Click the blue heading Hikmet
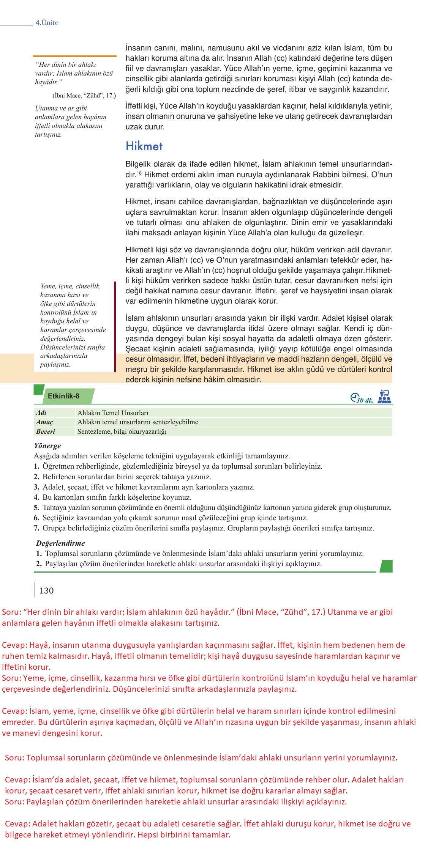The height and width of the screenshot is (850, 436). tap(144, 146)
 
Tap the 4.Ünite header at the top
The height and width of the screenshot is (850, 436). tap(47, 23)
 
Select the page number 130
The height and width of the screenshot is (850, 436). tap(46, 590)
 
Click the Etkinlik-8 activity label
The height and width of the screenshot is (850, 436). tap(63, 396)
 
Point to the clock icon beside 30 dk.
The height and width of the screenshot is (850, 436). tap(354, 397)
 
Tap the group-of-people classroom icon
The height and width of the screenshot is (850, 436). tap(385, 397)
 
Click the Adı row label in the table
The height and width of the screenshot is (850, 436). tap(41, 412)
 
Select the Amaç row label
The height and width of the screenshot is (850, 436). tap(44, 422)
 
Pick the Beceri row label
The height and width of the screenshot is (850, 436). tap(46, 431)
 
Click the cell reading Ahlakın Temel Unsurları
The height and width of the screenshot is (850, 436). tap(113, 413)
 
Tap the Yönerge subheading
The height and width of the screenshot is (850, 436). tap(47, 445)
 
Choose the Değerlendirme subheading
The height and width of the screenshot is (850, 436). tap(60, 543)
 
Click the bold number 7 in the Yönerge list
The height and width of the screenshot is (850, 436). tap(36, 528)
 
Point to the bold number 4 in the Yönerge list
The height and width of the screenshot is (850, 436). tap(36, 497)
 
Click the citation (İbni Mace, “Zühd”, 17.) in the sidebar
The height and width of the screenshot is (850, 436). tap(84, 96)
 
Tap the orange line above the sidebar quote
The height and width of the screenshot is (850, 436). tap(74, 56)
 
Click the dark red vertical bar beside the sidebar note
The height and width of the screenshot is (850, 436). tap(115, 326)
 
